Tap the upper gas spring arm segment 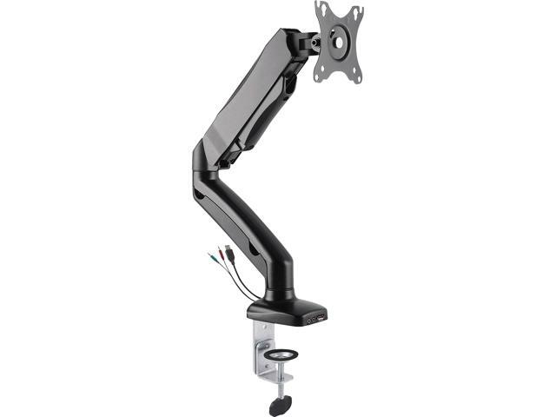(248, 100)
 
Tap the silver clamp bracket (263, 347)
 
